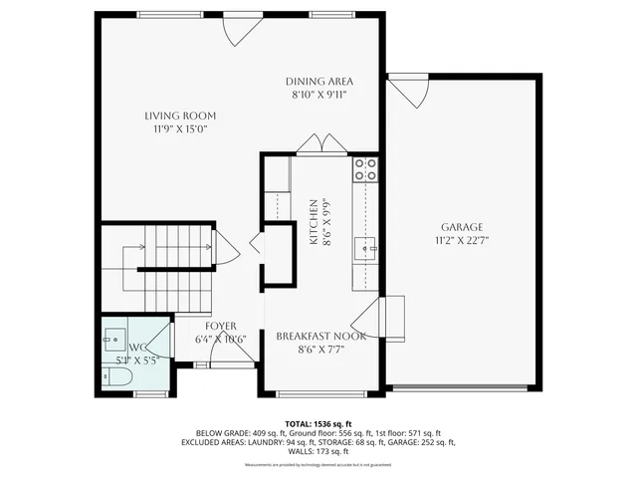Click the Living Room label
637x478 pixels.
[180, 116]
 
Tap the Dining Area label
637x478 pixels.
[319, 82]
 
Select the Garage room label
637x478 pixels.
[461, 227]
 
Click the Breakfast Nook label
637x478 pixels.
[320, 337]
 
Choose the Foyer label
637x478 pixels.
[220, 327]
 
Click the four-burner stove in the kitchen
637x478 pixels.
[365, 168]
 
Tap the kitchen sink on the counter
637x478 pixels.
[366, 248]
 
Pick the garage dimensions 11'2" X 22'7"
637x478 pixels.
[461, 240]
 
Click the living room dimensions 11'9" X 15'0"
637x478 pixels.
[180, 128]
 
